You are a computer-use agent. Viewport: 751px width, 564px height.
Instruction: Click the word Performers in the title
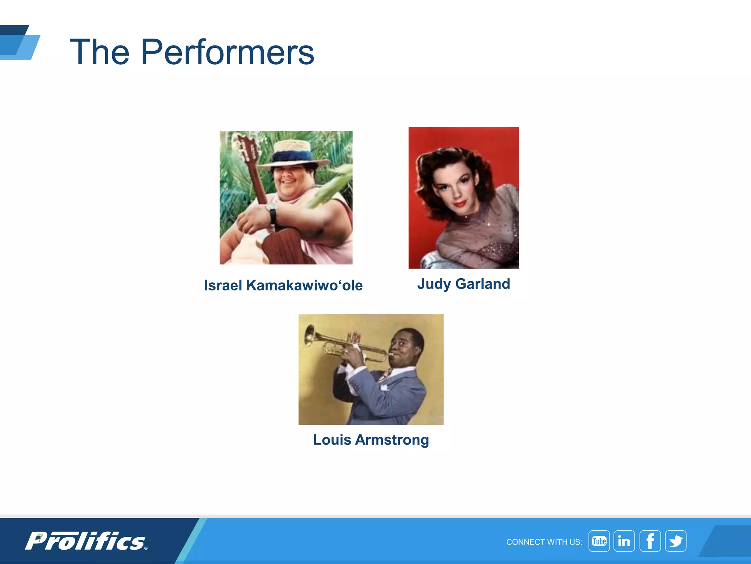point(227,53)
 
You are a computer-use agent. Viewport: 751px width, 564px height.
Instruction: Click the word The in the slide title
point(99,53)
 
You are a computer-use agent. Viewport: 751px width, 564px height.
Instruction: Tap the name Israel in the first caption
point(223,285)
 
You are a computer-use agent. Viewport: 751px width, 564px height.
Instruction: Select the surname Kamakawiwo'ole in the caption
point(304,285)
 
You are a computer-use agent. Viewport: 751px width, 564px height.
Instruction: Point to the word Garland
point(483,284)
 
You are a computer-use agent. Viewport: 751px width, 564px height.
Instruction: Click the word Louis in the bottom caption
point(332,440)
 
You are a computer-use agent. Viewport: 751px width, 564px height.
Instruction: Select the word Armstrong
point(392,440)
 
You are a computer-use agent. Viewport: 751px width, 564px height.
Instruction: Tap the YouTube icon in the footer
point(599,541)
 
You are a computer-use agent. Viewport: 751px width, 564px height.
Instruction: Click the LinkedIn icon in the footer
point(624,541)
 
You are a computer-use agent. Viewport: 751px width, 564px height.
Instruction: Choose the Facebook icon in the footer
point(650,541)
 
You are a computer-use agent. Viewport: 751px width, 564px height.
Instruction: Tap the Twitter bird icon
point(675,541)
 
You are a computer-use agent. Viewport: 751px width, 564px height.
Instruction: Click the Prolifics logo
point(86,541)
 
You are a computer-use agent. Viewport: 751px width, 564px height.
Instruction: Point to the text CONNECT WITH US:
point(544,542)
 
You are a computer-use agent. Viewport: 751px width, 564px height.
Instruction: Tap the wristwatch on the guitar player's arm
point(272,212)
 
